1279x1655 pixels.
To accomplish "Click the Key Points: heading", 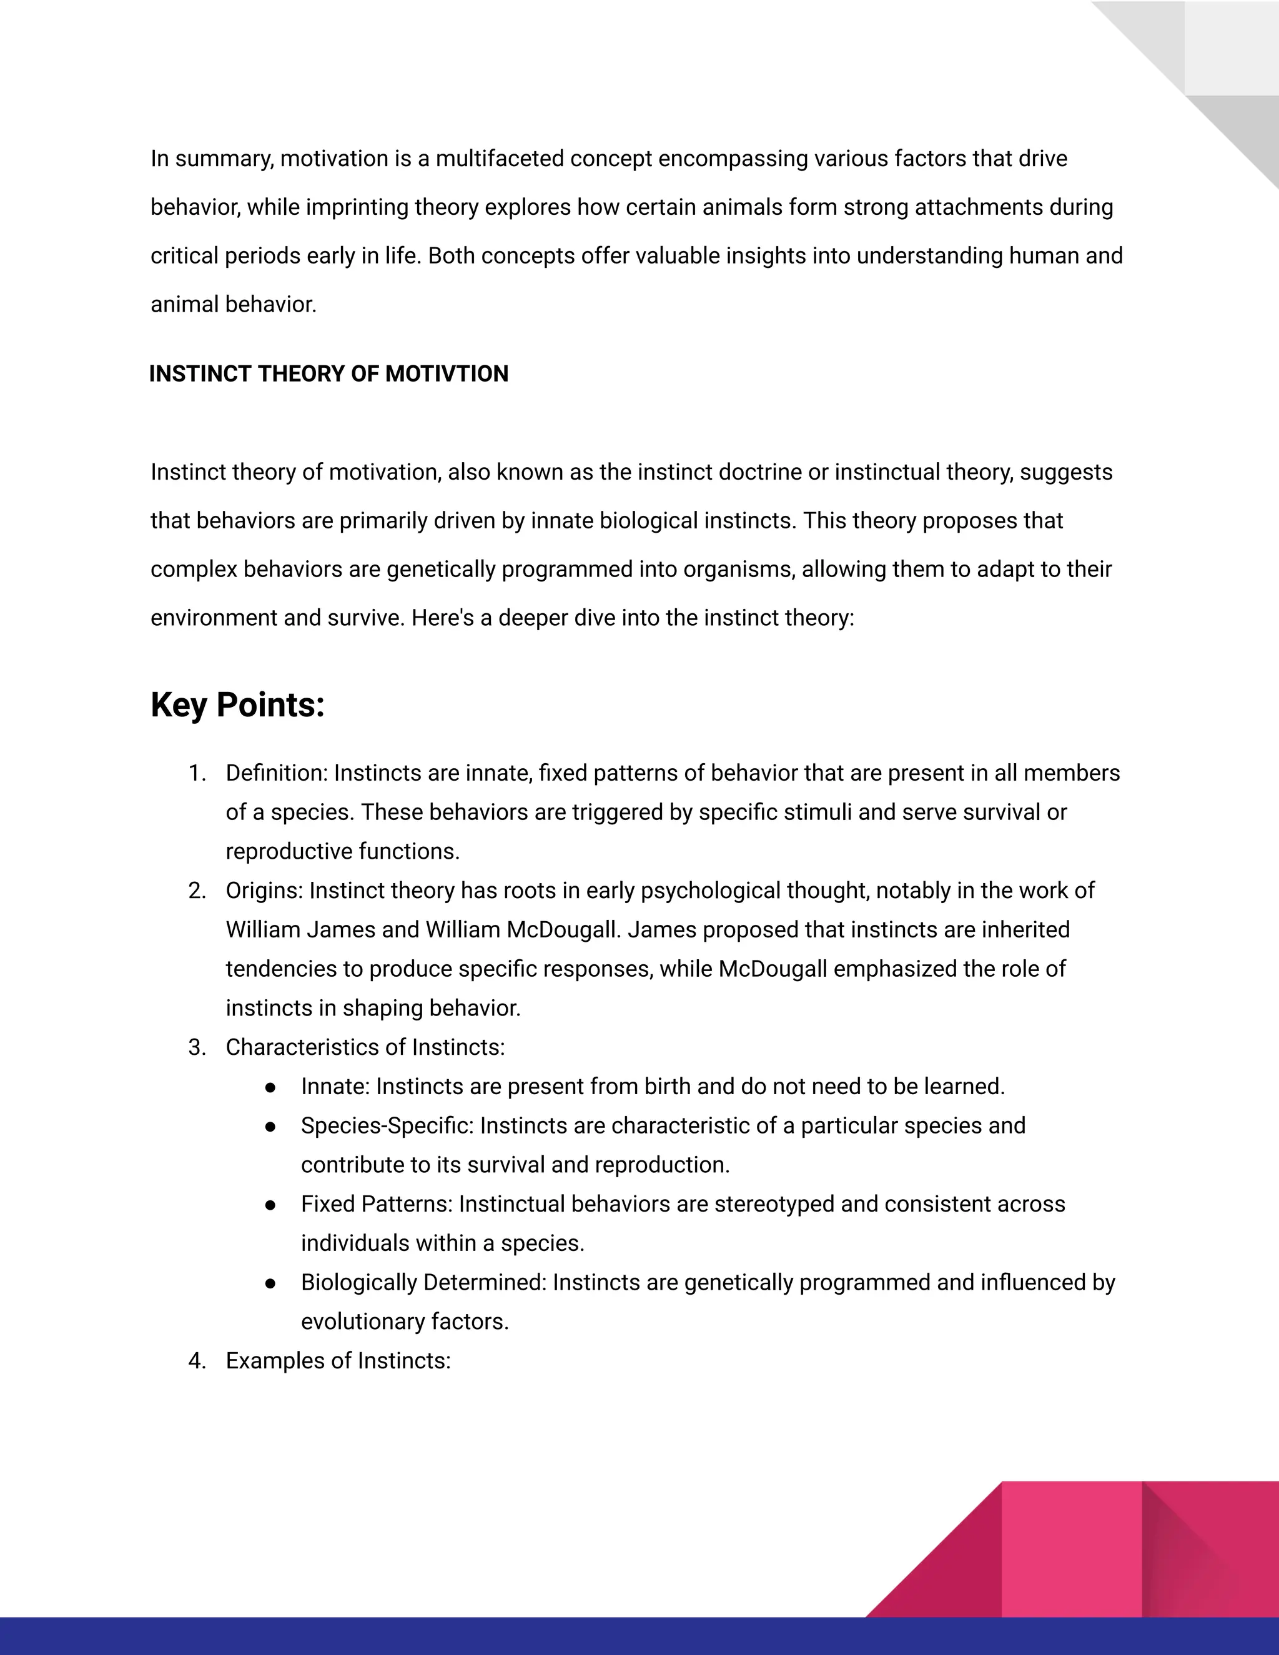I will point(237,704).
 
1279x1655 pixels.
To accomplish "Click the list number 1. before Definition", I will point(197,773).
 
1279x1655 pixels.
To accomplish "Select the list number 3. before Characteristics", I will point(197,1047).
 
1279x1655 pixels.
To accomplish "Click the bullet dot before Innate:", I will point(270,1087).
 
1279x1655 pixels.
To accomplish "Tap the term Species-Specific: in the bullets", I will point(387,1126).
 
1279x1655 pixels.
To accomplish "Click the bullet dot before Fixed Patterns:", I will point(270,1205).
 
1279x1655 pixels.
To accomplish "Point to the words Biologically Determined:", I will point(423,1283).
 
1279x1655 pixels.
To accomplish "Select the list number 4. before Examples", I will point(197,1361).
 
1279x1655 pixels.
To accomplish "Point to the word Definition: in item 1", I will point(277,773).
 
